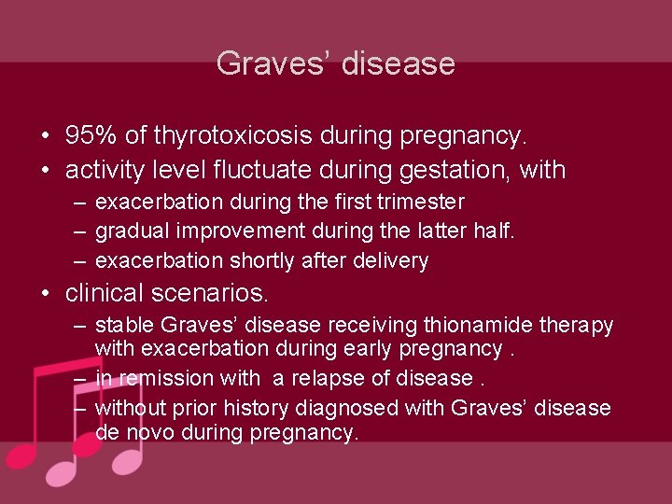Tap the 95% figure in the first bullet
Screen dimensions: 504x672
(x=91, y=136)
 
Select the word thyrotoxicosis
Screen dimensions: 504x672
(x=232, y=136)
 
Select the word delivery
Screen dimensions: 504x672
(x=390, y=261)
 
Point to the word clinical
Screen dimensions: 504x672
(x=102, y=293)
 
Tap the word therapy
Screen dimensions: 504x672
(x=575, y=326)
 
